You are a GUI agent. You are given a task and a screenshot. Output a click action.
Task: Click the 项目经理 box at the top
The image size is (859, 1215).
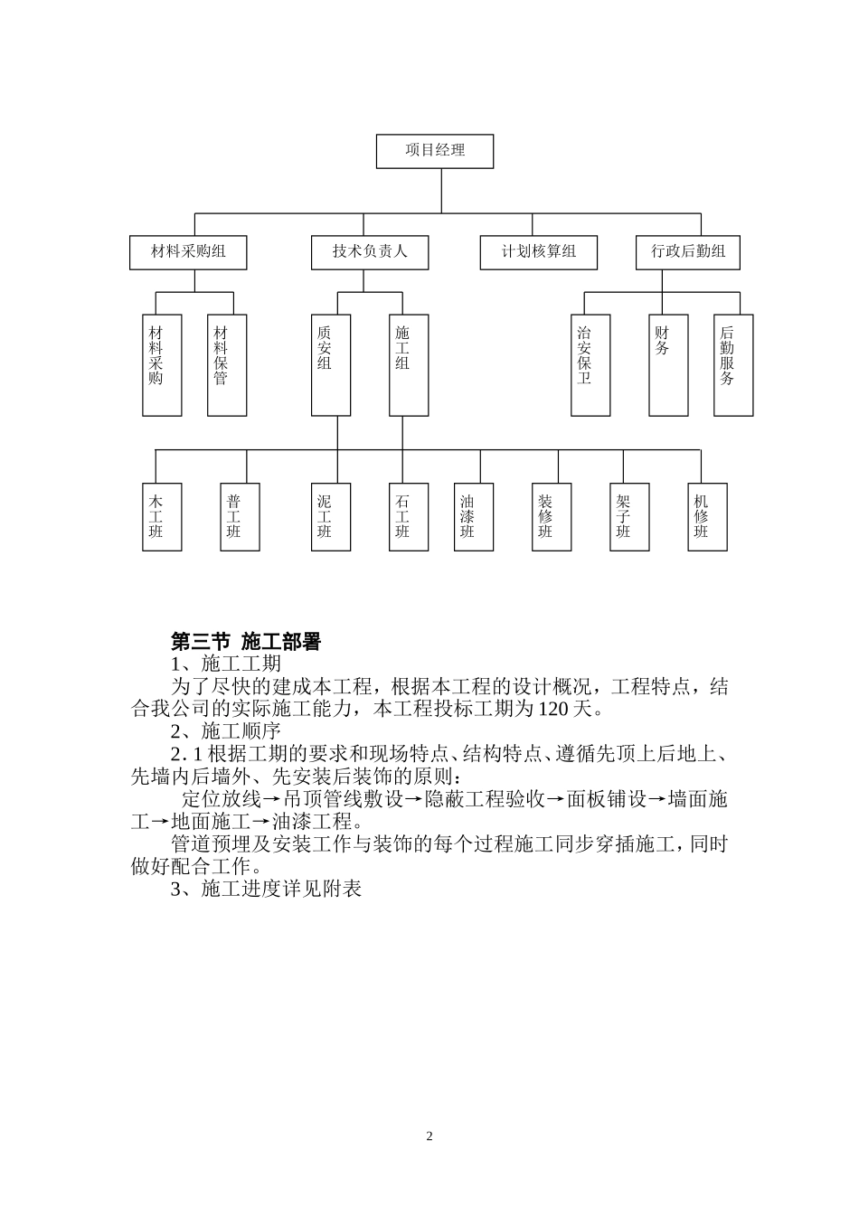click(435, 151)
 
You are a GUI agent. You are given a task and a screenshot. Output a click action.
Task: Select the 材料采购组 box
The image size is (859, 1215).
click(189, 252)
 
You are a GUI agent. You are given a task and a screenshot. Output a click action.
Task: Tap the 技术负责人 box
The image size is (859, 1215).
click(370, 252)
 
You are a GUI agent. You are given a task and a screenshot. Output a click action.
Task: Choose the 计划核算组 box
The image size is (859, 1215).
click(539, 252)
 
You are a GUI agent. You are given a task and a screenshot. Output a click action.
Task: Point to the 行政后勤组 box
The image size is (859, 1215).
click(688, 252)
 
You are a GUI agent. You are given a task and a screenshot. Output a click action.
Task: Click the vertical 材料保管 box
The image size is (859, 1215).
click(227, 365)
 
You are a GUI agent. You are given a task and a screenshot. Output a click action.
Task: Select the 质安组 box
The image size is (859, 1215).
click(331, 365)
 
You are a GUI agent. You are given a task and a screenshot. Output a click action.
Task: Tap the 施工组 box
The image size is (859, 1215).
click(409, 365)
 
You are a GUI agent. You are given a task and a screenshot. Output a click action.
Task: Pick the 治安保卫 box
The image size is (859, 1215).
click(590, 365)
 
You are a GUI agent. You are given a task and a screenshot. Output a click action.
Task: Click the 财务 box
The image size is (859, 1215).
click(668, 365)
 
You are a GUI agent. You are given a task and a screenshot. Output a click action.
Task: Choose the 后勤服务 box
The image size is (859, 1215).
click(733, 365)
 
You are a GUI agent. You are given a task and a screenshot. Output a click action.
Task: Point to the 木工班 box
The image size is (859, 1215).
click(162, 517)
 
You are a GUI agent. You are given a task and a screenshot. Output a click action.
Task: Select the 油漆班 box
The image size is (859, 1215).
click(474, 517)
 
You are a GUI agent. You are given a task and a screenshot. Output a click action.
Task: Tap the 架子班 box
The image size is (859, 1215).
click(629, 517)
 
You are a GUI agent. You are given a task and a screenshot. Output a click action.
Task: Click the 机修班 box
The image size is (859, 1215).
click(707, 517)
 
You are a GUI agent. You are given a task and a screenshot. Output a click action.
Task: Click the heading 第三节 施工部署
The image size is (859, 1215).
click(246, 642)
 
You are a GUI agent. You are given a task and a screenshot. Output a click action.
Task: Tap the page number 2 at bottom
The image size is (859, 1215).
click(429, 1136)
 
